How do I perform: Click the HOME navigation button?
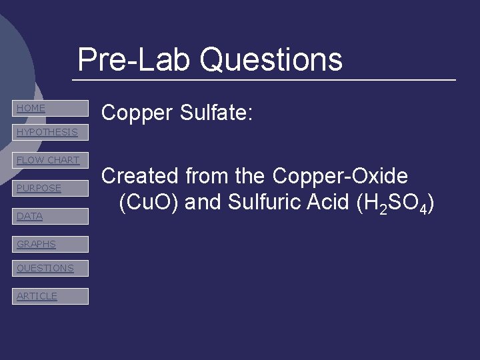coord(50,108)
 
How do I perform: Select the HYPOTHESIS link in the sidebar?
coord(50,132)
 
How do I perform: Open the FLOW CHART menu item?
coord(50,160)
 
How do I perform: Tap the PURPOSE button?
coord(50,188)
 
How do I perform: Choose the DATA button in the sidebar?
coord(50,216)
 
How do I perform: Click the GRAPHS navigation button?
coord(50,244)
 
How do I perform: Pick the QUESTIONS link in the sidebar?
coord(50,268)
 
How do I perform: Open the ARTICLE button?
coord(50,296)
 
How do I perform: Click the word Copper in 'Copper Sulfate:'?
coord(136,113)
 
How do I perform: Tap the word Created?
coord(140,176)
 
